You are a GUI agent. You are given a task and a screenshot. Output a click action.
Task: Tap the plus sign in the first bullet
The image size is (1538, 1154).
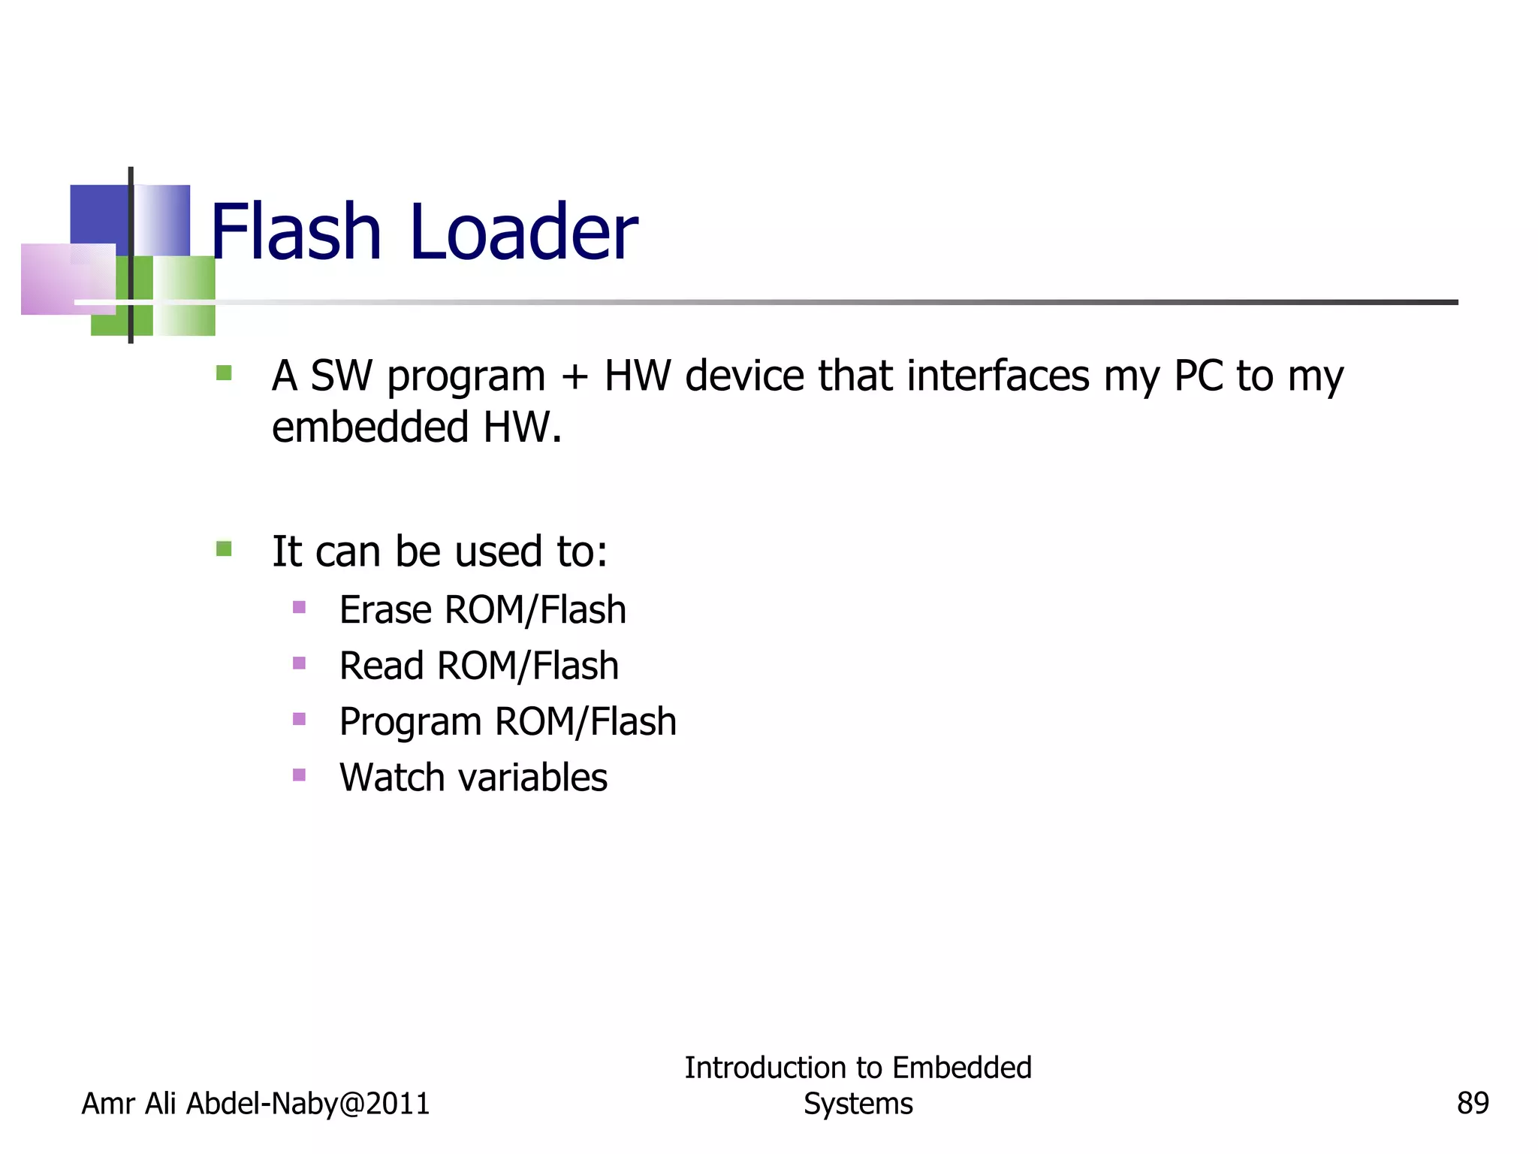pyautogui.click(x=574, y=376)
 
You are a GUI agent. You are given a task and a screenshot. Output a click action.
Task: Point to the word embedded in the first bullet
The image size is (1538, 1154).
pyautogui.click(x=370, y=427)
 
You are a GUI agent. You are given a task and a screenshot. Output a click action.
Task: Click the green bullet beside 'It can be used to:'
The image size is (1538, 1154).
pyautogui.click(x=224, y=548)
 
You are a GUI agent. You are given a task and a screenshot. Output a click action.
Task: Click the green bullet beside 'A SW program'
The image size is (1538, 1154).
pyautogui.click(x=224, y=373)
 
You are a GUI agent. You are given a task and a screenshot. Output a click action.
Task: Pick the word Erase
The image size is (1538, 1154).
pyautogui.click(x=385, y=609)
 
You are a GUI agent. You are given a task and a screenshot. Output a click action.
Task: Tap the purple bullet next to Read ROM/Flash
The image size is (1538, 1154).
pyautogui.click(x=299, y=663)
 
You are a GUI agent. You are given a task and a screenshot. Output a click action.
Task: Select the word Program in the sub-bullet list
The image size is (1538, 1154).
pyautogui.click(x=410, y=722)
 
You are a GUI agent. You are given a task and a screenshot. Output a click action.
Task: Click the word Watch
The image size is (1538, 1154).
pyautogui.click(x=392, y=777)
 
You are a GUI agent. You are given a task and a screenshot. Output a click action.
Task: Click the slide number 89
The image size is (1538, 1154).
pyautogui.click(x=1472, y=1103)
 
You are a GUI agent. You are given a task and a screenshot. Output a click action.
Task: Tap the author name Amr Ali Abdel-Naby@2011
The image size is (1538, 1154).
pyautogui.click(x=255, y=1103)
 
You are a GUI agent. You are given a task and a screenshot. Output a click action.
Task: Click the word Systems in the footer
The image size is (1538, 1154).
pyautogui.click(x=858, y=1104)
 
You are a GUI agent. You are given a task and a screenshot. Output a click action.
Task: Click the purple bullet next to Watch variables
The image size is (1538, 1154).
pyautogui.click(x=299, y=775)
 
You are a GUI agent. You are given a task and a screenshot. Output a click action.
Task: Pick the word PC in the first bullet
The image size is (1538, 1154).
pyautogui.click(x=1199, y=376)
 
